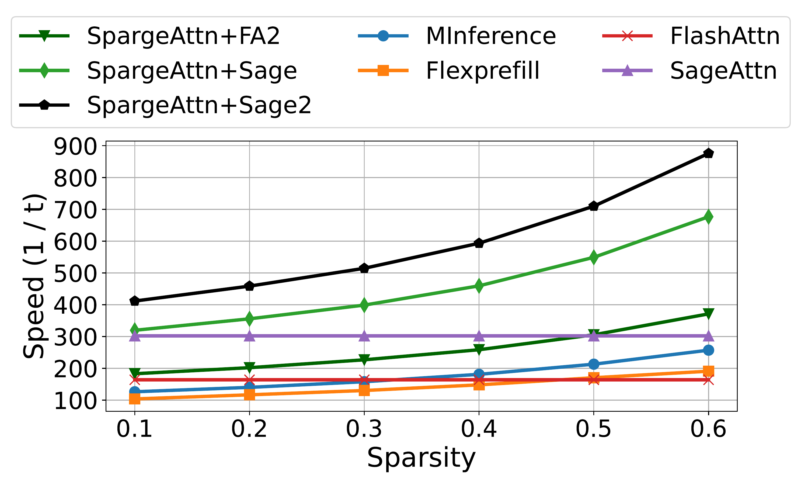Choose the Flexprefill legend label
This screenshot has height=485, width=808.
tap(483, 71)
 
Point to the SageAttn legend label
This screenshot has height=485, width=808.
tap(723, 71)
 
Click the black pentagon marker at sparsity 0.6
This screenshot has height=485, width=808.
tap(708, 153)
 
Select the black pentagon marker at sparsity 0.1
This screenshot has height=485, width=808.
tap(135, 301)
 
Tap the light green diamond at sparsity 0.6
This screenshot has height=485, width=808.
tap(708, 217)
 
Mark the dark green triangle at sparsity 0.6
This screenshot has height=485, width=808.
tap(708, 314)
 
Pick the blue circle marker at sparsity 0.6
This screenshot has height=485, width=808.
tap(708, 350)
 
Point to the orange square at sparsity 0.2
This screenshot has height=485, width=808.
tap(249, 395)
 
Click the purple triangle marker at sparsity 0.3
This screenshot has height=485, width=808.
tap(364, 336)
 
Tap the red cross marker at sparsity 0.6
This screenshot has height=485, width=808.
tap(708, 380)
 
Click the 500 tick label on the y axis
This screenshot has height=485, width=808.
tap(75, 273)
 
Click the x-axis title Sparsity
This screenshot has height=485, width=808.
tap(421, 458)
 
